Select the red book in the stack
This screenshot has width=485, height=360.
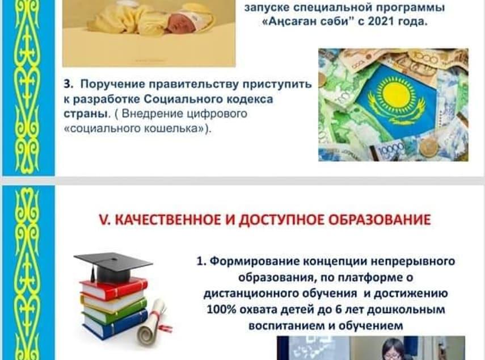coord(114,288)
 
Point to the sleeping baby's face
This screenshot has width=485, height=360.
coord(183,23)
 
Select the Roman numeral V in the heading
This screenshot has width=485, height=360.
coord(104,220)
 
